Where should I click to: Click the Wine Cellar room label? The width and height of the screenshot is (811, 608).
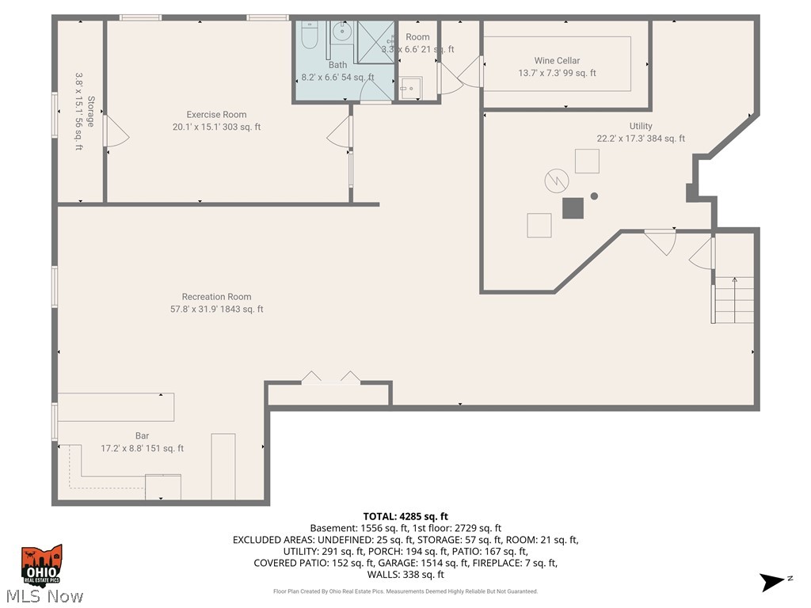[x=557, y=61]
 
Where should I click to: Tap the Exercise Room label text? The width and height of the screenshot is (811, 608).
[x=216, y=115]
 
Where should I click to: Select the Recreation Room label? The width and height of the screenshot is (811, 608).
[x=216, y=297]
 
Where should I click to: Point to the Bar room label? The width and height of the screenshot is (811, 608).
[x=142, y=436]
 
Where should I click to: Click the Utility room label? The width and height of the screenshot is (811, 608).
[x=641, y=127]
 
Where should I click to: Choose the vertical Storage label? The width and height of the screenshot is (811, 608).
[x=91, y=112]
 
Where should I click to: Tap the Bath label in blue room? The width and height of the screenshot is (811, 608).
[x=337, y=65]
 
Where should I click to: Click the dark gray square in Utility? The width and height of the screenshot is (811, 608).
[x=573, y=207]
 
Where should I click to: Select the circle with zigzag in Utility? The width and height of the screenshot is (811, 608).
[x=556, y=180]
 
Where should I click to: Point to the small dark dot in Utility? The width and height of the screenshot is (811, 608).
[x=594, y=196]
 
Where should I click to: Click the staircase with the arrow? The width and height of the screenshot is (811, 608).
[x=734, y=298]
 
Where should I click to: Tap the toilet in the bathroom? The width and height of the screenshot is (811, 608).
[x=310, y=35]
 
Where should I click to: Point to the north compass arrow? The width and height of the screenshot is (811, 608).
[x=773, y=582]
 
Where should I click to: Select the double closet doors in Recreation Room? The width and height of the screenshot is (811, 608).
[x=331, y=378]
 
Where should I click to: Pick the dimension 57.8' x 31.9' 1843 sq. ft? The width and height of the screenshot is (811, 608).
[x=211, y=310]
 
